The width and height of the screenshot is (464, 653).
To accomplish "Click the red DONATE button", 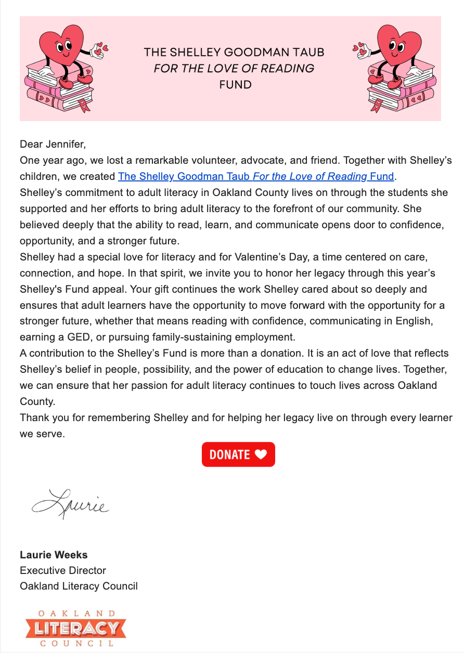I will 238,454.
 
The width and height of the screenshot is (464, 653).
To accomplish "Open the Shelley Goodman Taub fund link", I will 256,176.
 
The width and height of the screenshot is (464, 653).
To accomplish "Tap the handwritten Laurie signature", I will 71,503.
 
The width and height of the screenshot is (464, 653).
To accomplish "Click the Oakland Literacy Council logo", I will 75,628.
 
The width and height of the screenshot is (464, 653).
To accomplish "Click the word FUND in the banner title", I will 235,84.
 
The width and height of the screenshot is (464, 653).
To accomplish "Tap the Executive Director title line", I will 63,570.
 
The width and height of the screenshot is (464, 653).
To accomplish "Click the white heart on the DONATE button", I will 261,454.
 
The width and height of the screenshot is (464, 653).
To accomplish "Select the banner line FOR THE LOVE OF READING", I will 234,68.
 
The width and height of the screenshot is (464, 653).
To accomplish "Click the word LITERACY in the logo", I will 75,629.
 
